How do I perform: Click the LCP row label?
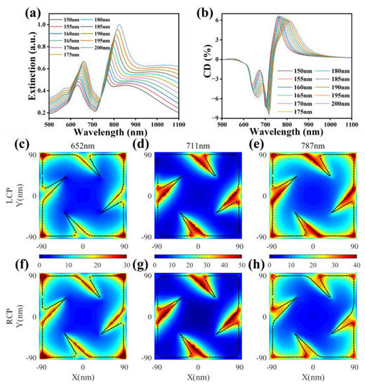[x=10, y=197]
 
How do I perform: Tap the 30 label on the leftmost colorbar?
[x=124, y=267]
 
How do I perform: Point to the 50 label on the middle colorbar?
[x=240, y=267]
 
